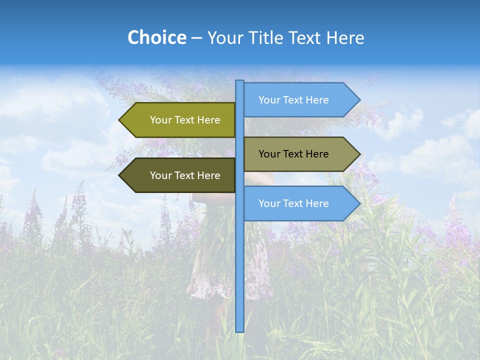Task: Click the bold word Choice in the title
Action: point(156,37)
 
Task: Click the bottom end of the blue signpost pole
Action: point(240,329)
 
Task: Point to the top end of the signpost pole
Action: point(240,82)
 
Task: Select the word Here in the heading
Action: point(345,37)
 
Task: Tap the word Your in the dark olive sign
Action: point(160,175)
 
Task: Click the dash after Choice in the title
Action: point(196,38)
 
